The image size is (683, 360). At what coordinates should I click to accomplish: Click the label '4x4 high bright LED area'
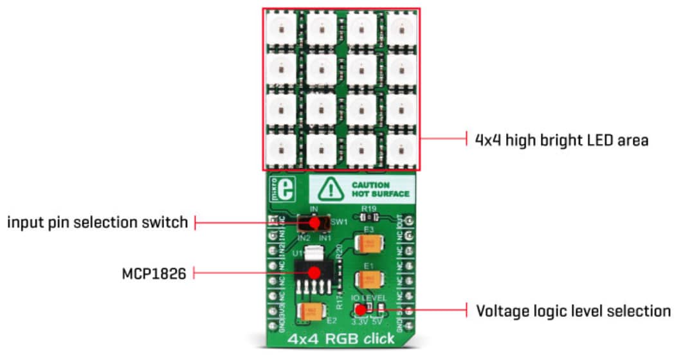point(561,139)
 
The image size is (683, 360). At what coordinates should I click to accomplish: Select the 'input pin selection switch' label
point(98,222)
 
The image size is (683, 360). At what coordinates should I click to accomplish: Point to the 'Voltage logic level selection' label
point(573,311)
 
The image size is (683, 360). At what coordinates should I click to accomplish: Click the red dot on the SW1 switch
point(314,222)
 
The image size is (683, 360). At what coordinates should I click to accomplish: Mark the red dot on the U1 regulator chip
point(314,273)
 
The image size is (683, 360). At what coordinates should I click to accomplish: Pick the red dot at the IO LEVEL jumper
point(361,311)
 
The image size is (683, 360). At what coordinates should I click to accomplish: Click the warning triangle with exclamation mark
point(332,188)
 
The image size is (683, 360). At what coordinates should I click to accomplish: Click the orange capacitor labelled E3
point(369,244)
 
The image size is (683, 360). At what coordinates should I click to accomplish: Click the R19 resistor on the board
point(369,218)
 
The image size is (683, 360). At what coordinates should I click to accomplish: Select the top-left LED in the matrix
point(280,28)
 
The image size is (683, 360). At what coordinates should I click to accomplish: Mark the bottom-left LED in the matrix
point(280,149)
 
